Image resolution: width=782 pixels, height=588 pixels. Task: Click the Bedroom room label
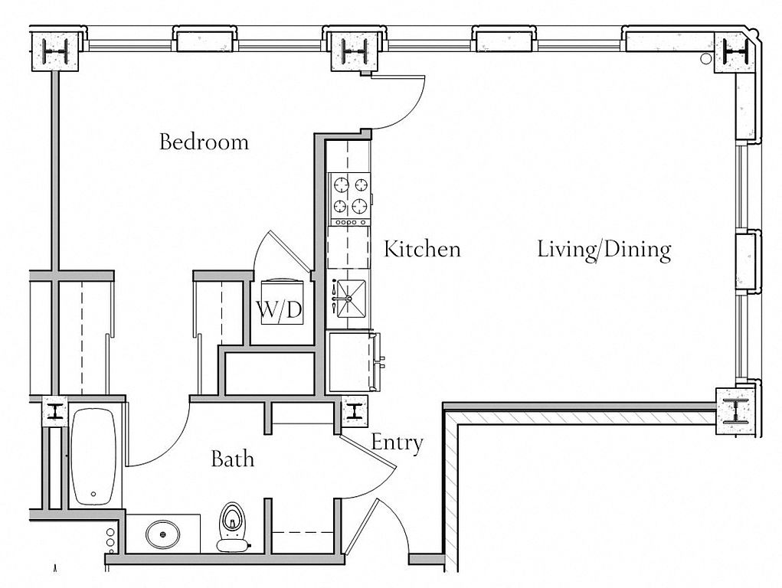[x=204, y=142]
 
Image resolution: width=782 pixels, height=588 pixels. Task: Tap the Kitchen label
[x=422, y=249]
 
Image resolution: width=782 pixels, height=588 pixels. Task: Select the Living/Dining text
[x=604, y=250]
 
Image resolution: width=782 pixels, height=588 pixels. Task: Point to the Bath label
[x=232, y=459]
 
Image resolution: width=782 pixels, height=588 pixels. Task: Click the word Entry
[x=397, y=442]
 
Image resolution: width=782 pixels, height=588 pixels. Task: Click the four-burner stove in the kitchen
[x=348, y=195]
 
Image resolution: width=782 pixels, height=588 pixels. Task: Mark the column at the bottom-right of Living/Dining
[x=736, y=412]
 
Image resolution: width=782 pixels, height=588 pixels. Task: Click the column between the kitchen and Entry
[x=356, y=411]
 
